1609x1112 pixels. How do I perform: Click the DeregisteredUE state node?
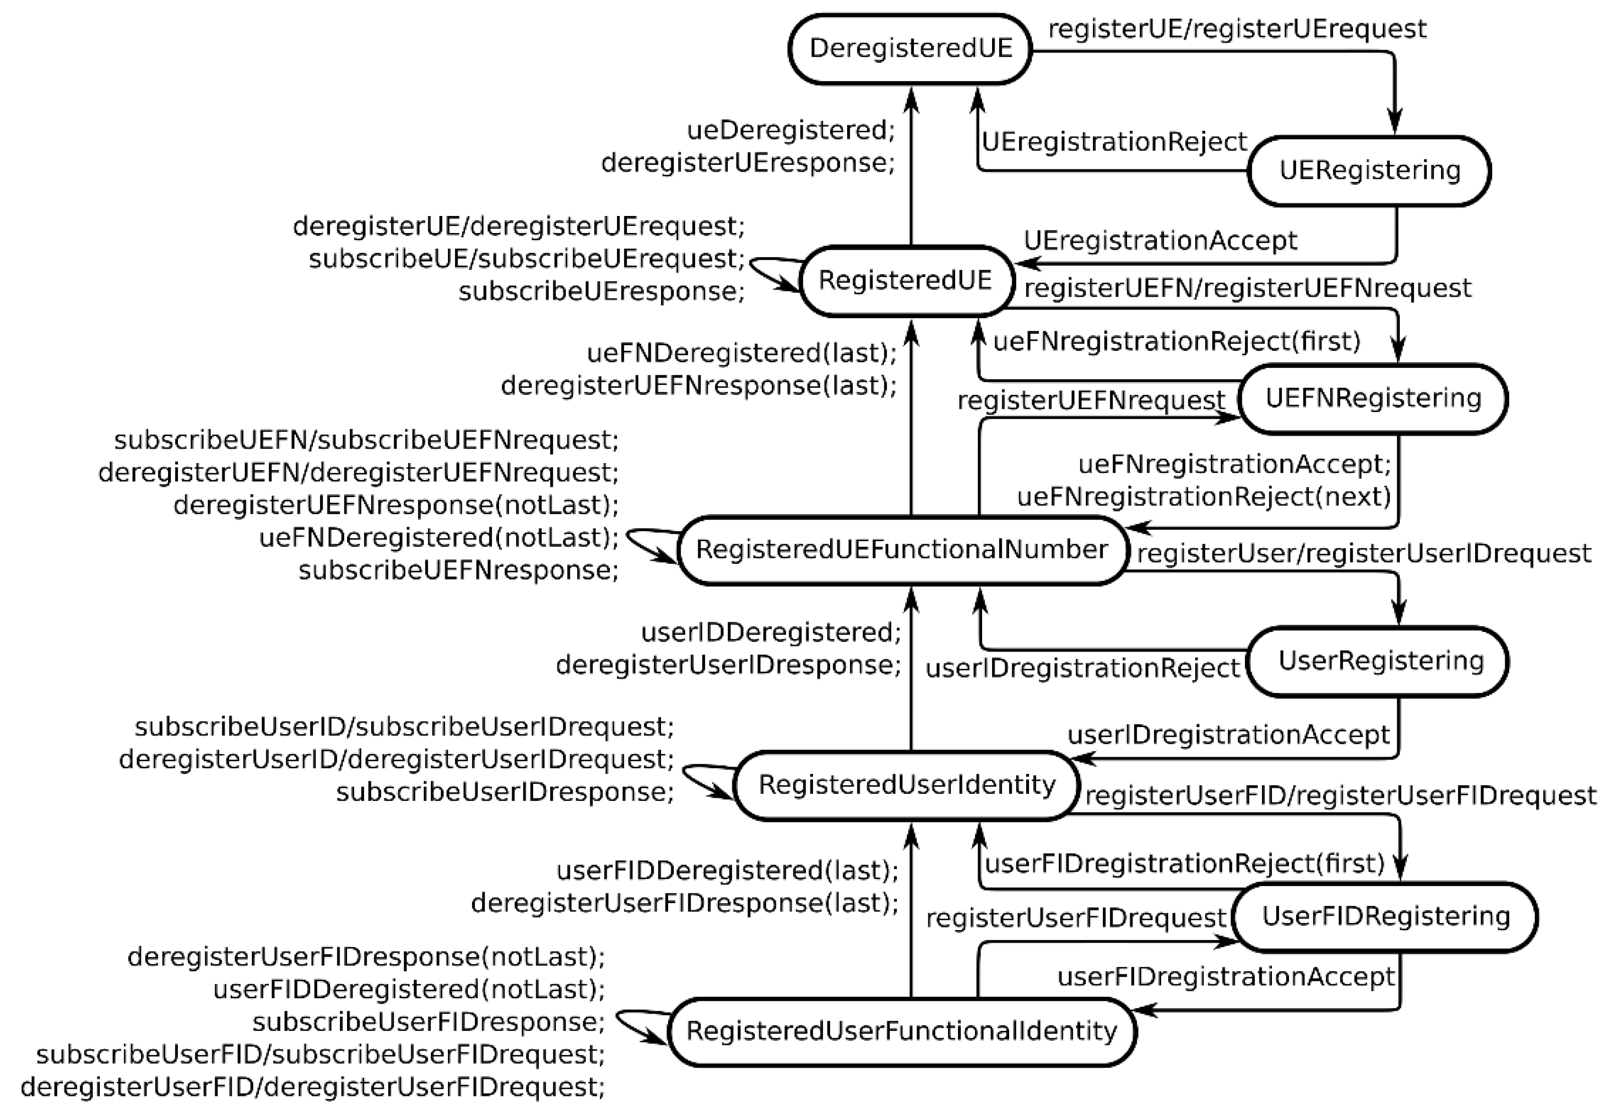tap(910, 49)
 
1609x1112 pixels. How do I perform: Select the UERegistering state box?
tap(1369, 171)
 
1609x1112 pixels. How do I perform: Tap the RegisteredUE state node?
tap(906, 280)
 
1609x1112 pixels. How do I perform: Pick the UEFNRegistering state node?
tap(1373, 398)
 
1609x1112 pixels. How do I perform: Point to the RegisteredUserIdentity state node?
tap(906, 785)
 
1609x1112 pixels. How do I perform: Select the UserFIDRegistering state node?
tap(1385, 916)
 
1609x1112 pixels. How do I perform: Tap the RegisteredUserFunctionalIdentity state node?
tap(901, 1031)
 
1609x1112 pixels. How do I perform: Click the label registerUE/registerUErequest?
tap(1237, 29)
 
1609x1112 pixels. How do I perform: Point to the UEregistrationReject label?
tap(1113, 142)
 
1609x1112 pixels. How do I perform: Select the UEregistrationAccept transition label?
tap(1160, 241)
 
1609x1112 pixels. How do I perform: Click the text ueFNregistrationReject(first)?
tap(1177, 341)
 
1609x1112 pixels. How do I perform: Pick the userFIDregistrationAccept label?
tap(1226, 977)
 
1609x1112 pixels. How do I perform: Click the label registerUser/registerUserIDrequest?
tap(1364, 553)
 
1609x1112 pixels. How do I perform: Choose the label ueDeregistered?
tap(790, 130)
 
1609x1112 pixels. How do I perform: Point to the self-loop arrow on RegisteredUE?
tap(767, 272)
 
